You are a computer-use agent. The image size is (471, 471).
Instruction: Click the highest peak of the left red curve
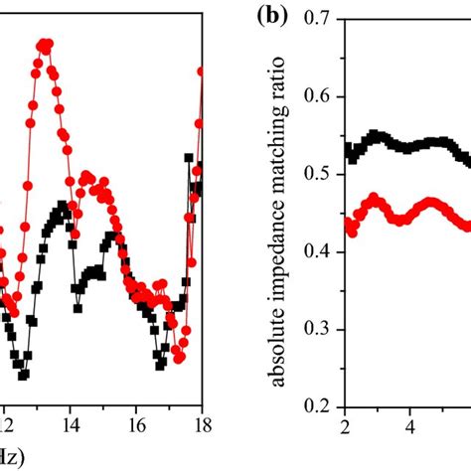(x=45, y=43)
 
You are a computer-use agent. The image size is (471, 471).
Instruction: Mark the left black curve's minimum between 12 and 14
(x=23, y=376)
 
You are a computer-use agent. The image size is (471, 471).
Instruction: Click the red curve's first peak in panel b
(x=374, y=199)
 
